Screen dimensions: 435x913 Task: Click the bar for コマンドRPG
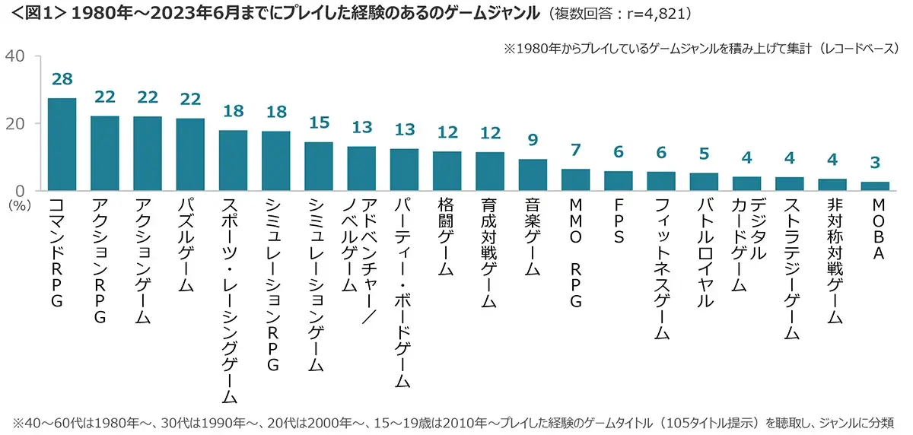62,144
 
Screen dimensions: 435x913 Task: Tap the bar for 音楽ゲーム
533,175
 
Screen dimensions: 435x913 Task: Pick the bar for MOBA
875,186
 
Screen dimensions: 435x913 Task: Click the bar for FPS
619,181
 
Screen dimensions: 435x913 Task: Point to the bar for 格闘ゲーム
447,171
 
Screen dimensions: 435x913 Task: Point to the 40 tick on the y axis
17,57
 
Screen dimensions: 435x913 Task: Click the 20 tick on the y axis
17,124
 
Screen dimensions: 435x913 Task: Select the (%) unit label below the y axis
17,205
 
